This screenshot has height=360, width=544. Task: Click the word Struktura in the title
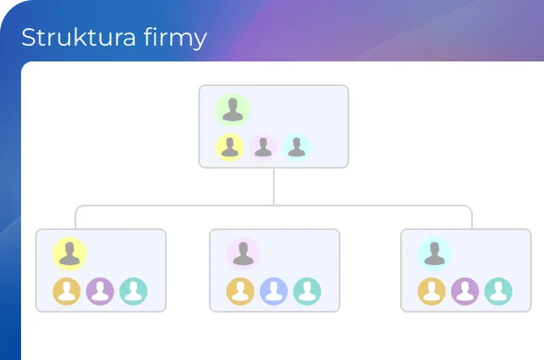[x=78, y=37]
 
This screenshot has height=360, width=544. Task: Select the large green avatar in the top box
[x=233, y=110]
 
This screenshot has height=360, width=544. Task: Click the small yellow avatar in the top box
[x=230, y=148]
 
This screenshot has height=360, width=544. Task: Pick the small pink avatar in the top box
[x=263, y=148]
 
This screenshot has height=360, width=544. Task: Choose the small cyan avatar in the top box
[x=297, y=148]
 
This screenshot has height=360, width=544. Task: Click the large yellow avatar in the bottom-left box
[x=69, y=254]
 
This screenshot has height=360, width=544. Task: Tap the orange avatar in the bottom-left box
[x=67, y=292]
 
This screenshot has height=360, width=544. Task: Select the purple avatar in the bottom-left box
[x=100, y=292]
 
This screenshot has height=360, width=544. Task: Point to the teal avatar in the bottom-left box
[x=133, y=292]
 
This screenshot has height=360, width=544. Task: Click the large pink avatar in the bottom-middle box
[x=243, y=254]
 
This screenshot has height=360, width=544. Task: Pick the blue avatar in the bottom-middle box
[x=274, y=292]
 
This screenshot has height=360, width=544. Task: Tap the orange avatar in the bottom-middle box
[x=240, y=292]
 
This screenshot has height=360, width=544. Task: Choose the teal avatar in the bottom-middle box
[x=307, y=292]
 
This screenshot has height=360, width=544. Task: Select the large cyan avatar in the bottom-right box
[x=434, y=254]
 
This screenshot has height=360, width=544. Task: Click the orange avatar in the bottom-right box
[x=432, y=292]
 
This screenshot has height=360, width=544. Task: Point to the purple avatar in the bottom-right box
[x=465, y=292]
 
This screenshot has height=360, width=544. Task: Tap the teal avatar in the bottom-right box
[x=498, y=292]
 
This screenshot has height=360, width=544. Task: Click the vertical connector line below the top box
[x=274, y=186]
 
